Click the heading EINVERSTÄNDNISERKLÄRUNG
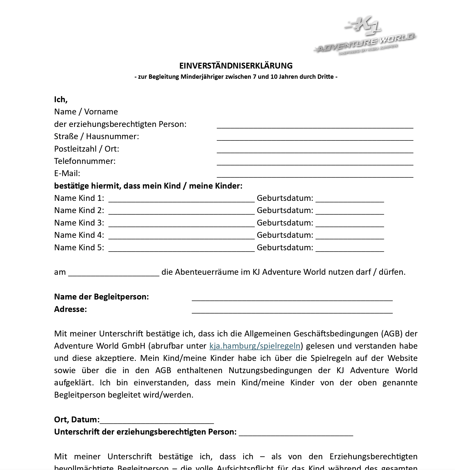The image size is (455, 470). point(236,66)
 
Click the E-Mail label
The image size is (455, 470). point(67,174)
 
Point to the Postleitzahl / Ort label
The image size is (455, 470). point(86,149)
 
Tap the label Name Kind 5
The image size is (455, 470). point(79,247)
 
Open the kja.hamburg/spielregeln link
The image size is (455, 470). point(255,346)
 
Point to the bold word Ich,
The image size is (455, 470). point(61,99)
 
